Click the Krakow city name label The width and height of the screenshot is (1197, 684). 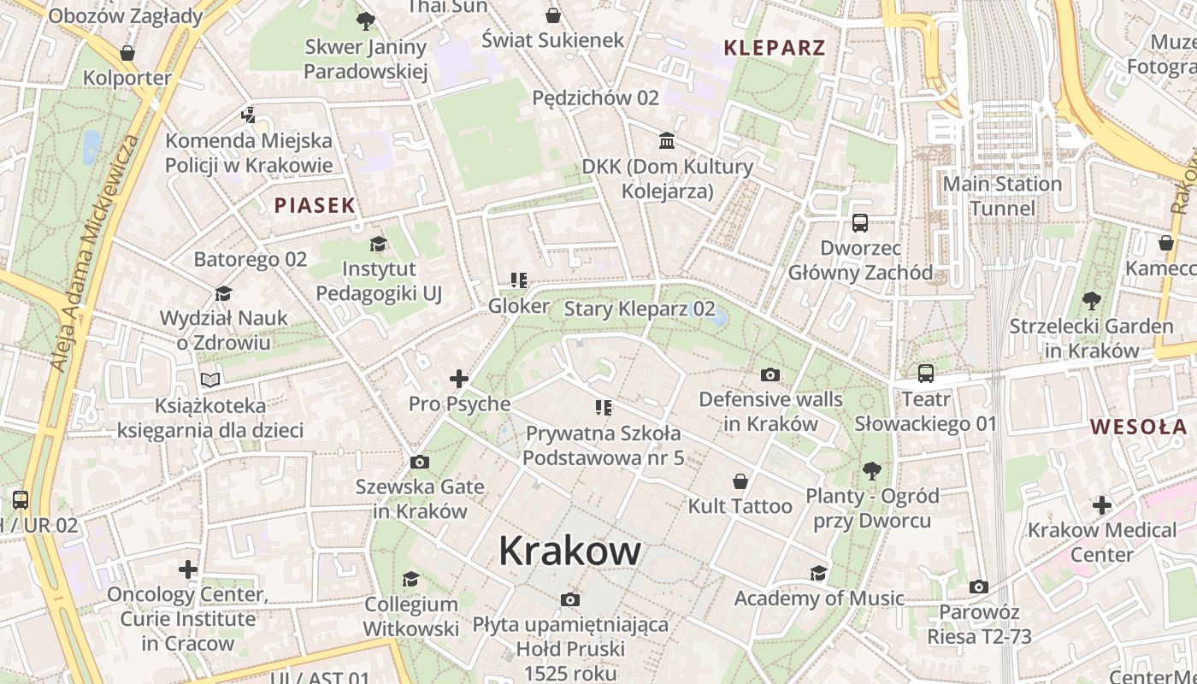tap(569, 551)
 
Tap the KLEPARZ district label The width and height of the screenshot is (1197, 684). tap(775, 48)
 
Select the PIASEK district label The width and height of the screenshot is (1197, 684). tap(315, 205)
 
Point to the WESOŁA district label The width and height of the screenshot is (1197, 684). tap(1138, 427)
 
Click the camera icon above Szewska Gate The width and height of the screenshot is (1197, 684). tap(420, 463)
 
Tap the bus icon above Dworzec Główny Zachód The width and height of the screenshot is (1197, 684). tap(860, 223)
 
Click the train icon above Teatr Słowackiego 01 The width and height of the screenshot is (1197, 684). tap(926, 374)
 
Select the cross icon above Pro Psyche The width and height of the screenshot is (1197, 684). tap(459, 379)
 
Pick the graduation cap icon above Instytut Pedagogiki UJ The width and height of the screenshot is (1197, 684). tap(378, 245)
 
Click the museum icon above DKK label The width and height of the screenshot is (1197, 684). tap(667, 140)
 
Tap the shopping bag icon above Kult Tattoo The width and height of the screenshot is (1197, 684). tap(740, 482)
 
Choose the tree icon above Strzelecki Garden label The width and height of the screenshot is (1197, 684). tap(1091, 301)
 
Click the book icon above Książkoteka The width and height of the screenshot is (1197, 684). tap(210, 380)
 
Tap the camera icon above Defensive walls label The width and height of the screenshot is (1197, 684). tap(770, 374)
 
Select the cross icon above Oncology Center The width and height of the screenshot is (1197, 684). tap(188, 569)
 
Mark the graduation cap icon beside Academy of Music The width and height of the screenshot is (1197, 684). tap(819, 573)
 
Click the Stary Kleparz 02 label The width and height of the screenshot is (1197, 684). tap(640, 309)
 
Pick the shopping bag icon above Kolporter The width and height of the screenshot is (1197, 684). tap(127, 54)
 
